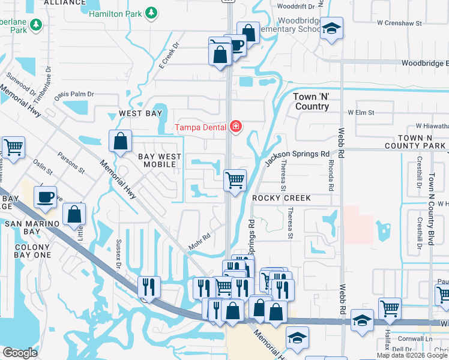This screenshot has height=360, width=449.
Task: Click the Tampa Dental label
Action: pos(200,127)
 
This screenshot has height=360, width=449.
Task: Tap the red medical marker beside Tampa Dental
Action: pos(236,126)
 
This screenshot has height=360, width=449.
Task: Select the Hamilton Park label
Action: pos(116,13)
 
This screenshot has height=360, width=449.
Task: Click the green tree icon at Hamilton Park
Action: pos(152,13)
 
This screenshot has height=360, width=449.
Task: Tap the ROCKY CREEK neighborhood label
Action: pos(282,198)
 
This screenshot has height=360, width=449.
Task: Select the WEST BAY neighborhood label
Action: pos(140,113)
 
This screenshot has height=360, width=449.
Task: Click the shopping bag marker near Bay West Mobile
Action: pos(121,142)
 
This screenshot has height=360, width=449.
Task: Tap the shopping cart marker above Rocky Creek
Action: pos(235,179)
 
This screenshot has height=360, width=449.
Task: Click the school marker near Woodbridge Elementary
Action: pos(331,29)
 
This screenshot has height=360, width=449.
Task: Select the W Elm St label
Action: pos(361,112)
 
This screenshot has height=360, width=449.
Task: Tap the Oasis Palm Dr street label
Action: pos(75,94)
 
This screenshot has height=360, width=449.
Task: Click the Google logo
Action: pos(20,352)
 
